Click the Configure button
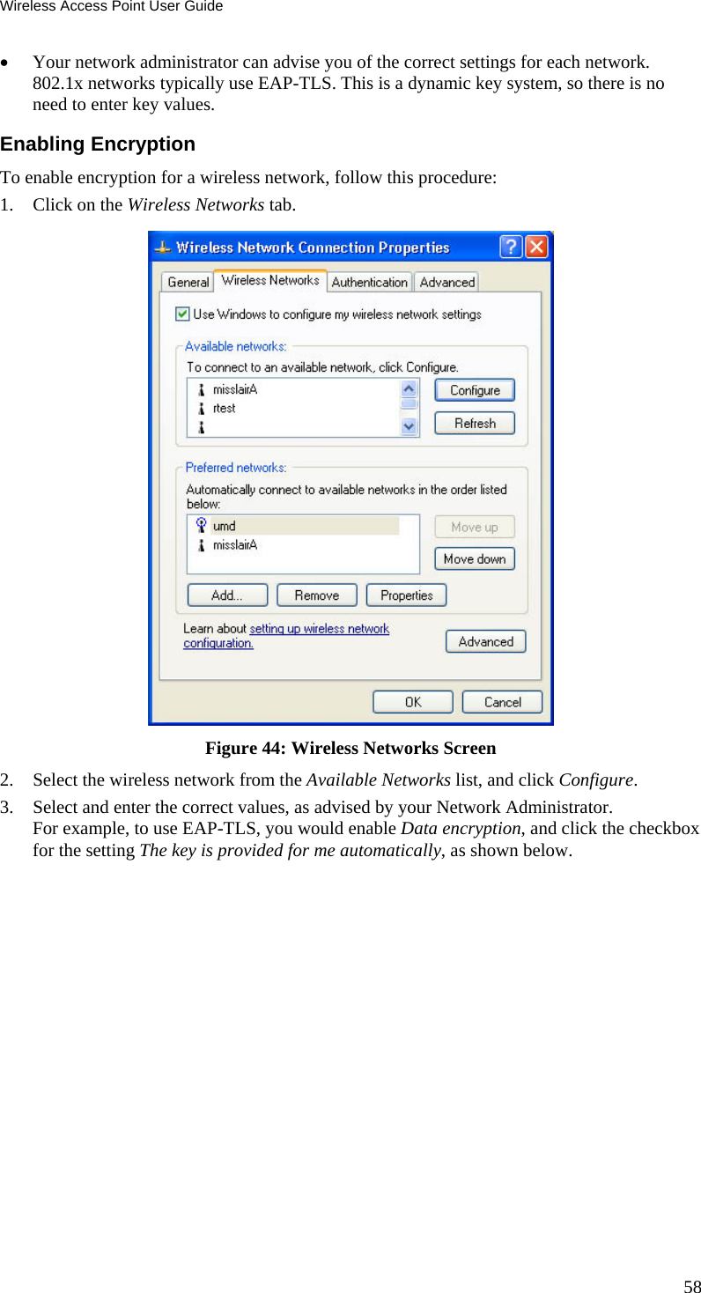[x=475, y=390]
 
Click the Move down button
[x=475, y=559]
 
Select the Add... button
[x=227, y=595]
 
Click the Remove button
[x=317, y=595]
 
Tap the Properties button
[x=406, y=595]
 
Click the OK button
[x=412, y=702]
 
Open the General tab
[x=188, y=282]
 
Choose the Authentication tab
[x=369, y=282]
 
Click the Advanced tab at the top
[x=447, y=282]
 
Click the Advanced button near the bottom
[x=485, y=642]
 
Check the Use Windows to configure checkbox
[x=182, y=314]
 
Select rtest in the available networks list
[x=225, y=409]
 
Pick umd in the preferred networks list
[x=225, y=526]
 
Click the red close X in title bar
[x=536, y=248]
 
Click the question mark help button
[x=511, y=248]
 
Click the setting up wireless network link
[x=319, y=629]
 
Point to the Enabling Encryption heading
[x=98, y=144]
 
